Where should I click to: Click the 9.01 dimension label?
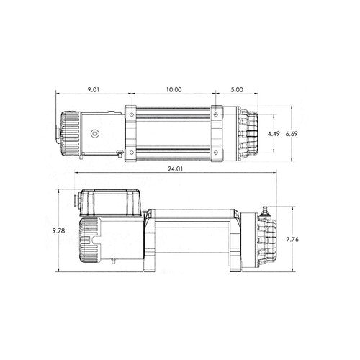tap(93, 90)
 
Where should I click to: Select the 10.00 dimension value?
tap(174, 90)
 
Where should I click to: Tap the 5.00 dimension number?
tap(237, 90)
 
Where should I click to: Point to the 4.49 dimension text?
tap(274, 134)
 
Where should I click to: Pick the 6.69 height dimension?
tap(292, 134)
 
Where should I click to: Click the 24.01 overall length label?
tap(175, 169)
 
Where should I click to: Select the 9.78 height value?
tap(59, 231)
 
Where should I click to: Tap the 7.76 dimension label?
tap(292, 239)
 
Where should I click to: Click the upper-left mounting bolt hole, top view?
tap(132, 114)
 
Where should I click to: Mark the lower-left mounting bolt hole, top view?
tap(132, 152)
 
